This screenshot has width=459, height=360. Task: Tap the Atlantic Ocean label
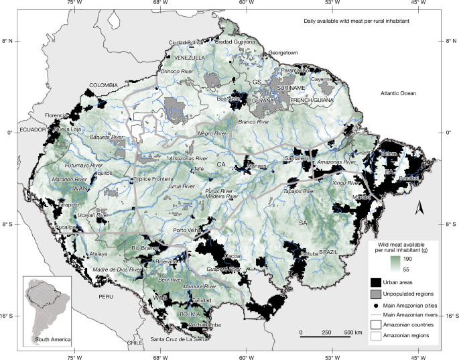399,93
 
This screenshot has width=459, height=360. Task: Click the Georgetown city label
282,52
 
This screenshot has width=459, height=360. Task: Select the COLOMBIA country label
104,85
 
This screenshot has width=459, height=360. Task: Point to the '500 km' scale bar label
353,333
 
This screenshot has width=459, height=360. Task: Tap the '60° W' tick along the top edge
246,5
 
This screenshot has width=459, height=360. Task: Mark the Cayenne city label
321,78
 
